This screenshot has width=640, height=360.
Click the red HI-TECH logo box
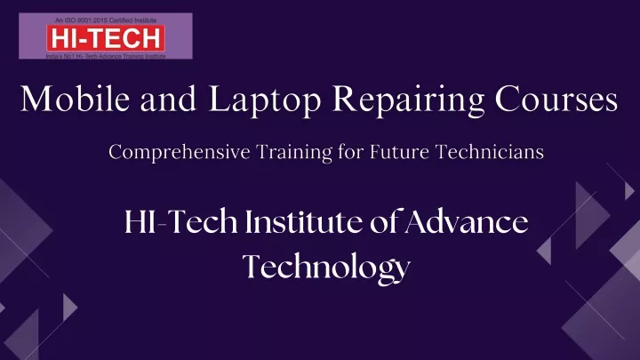coord(106,38)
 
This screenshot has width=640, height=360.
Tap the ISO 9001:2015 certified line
coord(106,20)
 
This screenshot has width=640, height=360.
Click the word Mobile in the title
coord(75,99)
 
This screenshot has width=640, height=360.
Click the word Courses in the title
coord(556,99)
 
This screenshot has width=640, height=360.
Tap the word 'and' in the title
coord(169,99)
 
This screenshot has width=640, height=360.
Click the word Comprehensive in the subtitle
coord(180,152)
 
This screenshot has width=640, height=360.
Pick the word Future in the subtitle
coord(400,152)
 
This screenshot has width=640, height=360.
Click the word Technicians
coord(490,152)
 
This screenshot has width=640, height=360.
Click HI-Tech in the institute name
coord(180,221)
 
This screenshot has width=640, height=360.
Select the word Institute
coord(304,221)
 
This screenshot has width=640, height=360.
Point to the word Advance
coord(467,221)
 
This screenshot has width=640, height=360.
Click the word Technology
coord(326,268)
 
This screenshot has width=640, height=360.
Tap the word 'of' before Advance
coord(384,221)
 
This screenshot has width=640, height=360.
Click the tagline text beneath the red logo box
coord(106,56)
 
